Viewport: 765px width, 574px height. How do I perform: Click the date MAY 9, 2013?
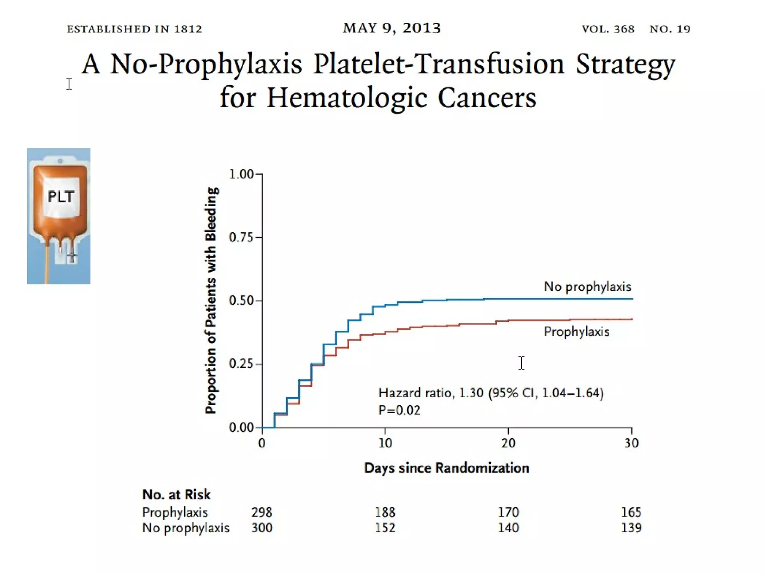pos(392,28)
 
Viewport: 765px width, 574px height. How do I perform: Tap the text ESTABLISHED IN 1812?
pos(134,29)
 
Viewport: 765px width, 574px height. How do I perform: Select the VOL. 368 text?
pos(608,29)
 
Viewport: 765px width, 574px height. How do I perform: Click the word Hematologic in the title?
pos(347,98)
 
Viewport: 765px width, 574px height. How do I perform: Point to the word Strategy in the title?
pos(625,65)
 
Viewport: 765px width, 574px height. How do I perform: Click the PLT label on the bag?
pos(61,196)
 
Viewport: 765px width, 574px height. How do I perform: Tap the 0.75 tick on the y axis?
pos(241,237)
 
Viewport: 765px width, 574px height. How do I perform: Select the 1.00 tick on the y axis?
pos(241,174)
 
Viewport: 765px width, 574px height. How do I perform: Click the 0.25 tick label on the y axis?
pos(241,363)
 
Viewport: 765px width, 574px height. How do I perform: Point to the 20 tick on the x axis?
pos(508,443)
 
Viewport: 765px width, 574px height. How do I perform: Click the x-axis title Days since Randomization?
pos(446,467)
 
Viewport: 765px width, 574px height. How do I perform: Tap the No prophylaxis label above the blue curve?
pos(587,287)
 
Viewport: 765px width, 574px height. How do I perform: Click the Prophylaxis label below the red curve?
pos(576,331)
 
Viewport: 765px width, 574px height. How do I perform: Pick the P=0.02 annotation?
pos(399,410)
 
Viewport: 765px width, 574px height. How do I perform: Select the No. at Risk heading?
pos(176,494)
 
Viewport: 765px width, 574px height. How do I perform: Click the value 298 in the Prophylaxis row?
pos(262,512)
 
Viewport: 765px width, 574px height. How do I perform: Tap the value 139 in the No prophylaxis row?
pos(631,528)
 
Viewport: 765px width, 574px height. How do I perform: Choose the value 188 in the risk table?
pos(385,512)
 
